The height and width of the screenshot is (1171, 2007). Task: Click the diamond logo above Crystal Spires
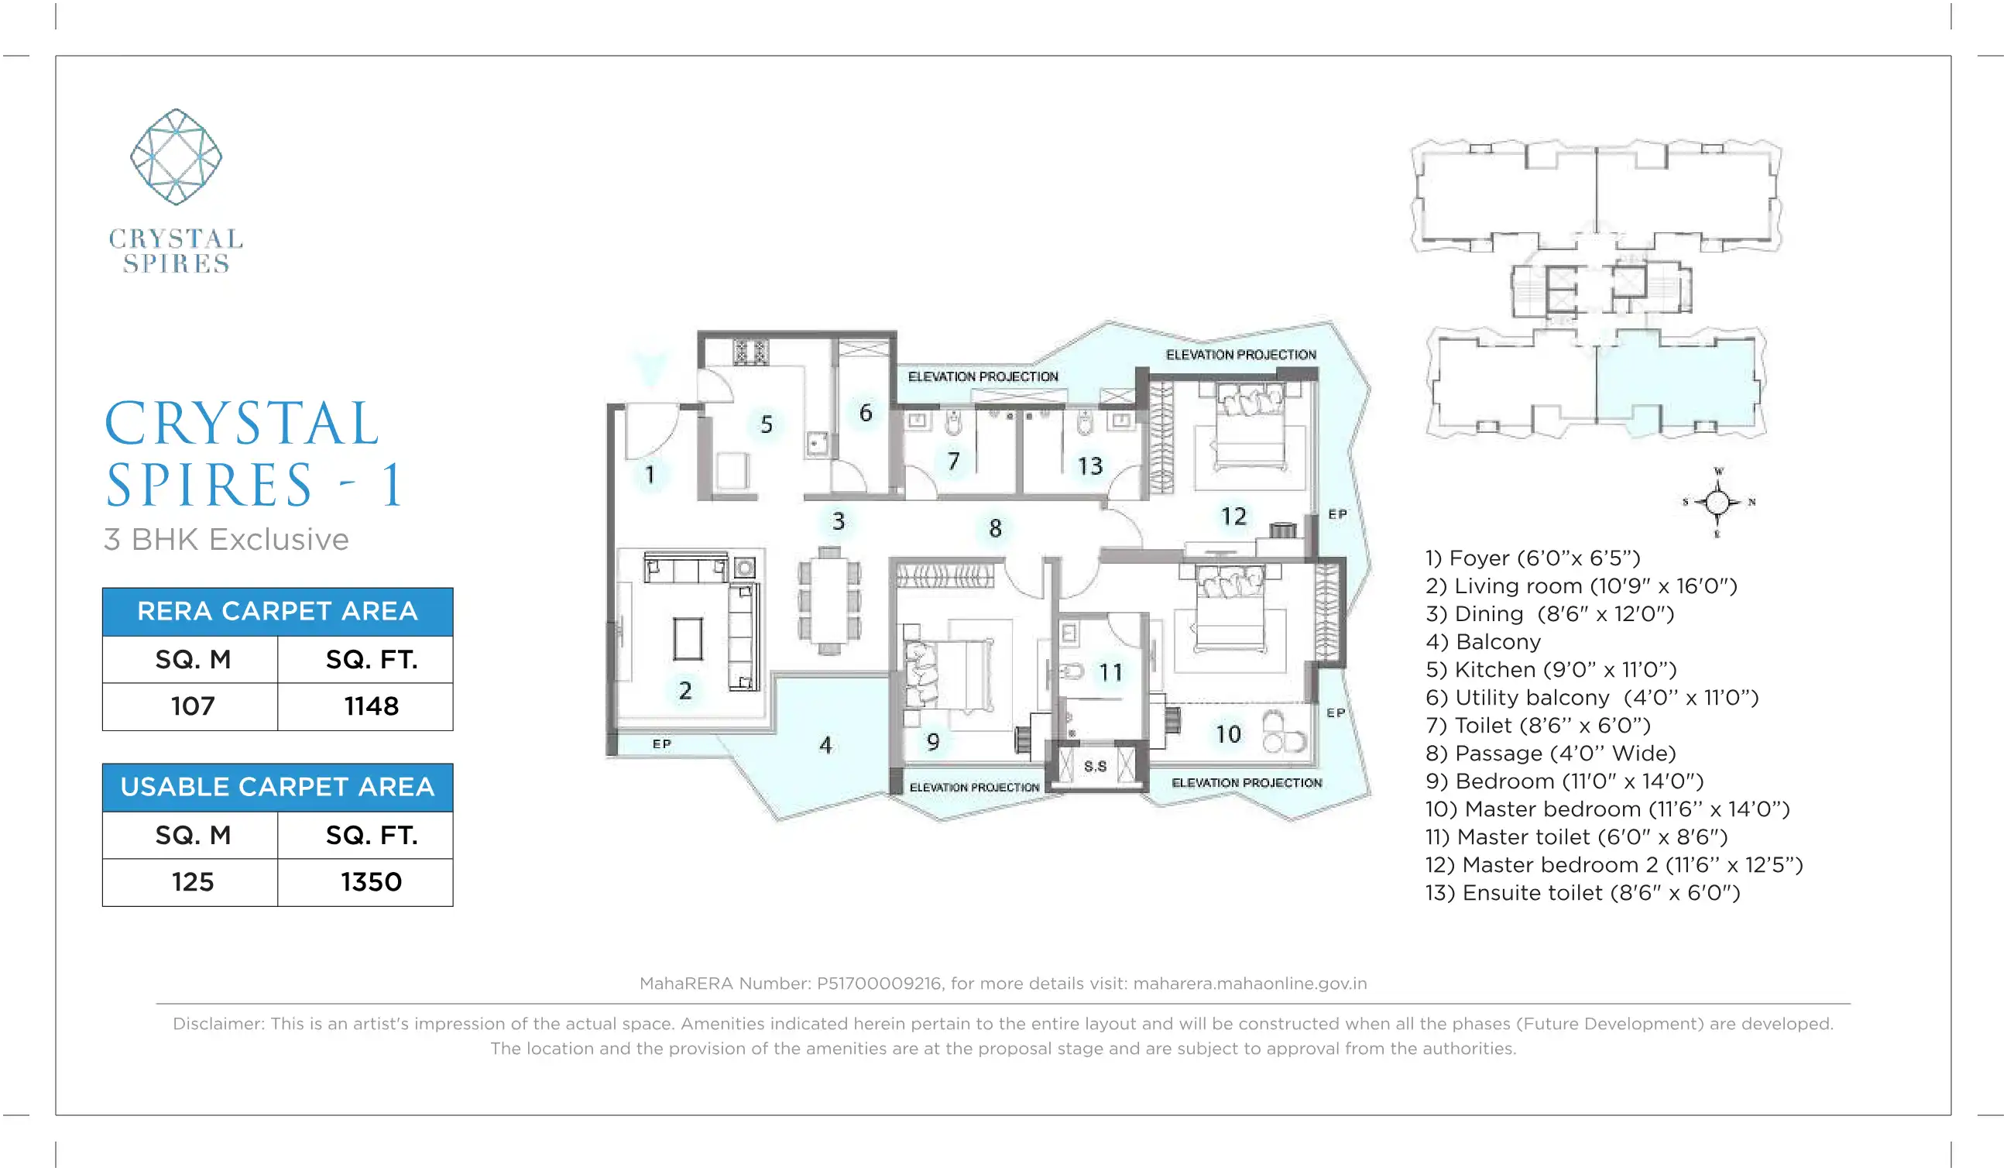(x=176, y=157)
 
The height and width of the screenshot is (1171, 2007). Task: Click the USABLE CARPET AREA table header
(x=277, y=787)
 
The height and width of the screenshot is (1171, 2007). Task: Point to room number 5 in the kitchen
(x=766, y=424)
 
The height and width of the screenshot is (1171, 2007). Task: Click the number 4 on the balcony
(x=826, y=746)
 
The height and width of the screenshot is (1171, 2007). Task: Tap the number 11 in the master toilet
(x=1111, y=673)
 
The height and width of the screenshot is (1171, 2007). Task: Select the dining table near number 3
(x=829, y=601)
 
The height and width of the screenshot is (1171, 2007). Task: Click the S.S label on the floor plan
(x=1095, y=766)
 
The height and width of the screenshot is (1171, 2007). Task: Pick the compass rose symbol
(x=1718, y=503)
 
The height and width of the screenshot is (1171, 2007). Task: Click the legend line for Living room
(x=1581, y=586)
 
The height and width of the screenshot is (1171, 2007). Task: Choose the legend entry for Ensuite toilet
(x=1583, y=893)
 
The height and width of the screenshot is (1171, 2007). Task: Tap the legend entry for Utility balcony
(x=1592, y=698)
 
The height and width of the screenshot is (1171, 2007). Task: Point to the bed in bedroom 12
(x=1249, y=428)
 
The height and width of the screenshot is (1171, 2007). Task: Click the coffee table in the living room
(x=688, y=639)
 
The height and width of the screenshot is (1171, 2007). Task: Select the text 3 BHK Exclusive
(x=226, y=539)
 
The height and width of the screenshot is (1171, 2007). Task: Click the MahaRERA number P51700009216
(x=879, y=984)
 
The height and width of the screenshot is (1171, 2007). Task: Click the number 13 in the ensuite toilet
(x=1090, y=466)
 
